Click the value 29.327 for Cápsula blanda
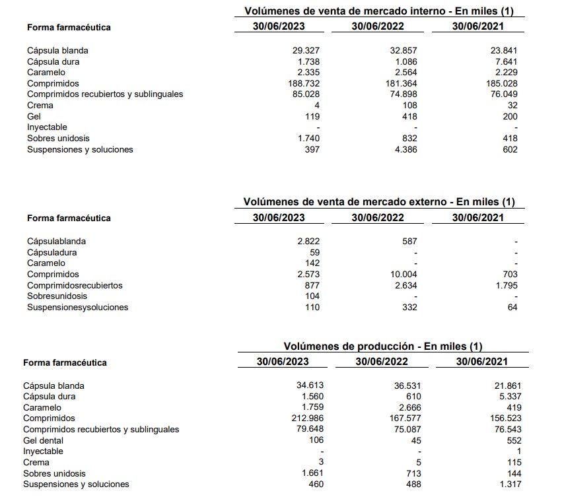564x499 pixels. [306, 50]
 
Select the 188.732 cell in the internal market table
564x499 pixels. [303, 83]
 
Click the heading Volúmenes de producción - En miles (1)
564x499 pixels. [383, 346]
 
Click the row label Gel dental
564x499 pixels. [43, 440]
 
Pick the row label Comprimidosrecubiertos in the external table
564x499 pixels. [75, 285]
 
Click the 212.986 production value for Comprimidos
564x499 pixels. [307, 418]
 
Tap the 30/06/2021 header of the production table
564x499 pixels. [481, 361]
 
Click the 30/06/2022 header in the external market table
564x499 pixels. [378, 217]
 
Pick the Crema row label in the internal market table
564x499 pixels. [40, 105]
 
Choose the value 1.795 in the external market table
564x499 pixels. [505, 285]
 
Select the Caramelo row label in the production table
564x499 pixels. [42, 407]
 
